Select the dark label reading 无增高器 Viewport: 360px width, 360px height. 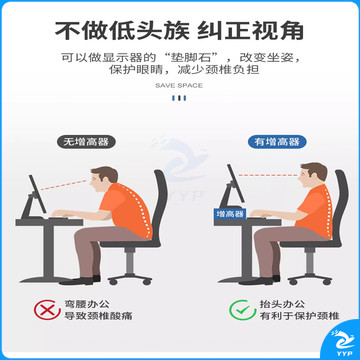[86, 142]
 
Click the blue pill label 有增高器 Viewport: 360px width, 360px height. [277, 142]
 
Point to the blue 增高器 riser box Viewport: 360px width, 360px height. [230, 214]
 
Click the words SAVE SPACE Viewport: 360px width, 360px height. [179, 86]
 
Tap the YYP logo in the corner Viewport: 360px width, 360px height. [342, 343]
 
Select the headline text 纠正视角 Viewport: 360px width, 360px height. [251, 31]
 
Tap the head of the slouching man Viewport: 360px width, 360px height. [103, 180]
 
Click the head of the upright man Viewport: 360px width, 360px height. [313, 176]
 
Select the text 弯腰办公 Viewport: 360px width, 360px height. [87, 304]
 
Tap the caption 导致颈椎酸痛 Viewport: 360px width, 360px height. [98, 316]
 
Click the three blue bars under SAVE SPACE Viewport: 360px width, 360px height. [179, 98]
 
